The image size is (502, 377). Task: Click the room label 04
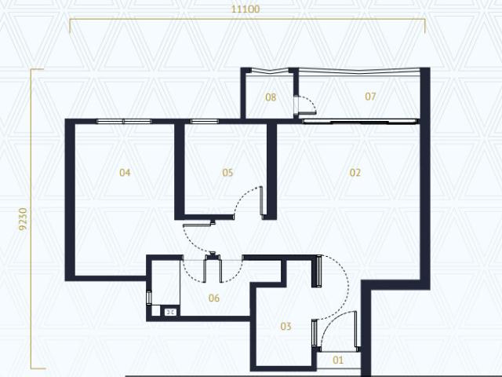click(x=125, y=173)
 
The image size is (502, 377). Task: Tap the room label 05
click(x=228, y=173)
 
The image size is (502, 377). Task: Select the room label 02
click(x=355, y=173)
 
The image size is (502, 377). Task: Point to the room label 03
click(x=286, y=326)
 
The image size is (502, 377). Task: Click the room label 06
click(x=213, y=298)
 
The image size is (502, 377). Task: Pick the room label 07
click(x=370, y=97)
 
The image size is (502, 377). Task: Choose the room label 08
click(x=271, y=97)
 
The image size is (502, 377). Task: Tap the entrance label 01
click(x=339, y=361)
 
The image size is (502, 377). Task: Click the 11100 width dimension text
click(x=246, y=9)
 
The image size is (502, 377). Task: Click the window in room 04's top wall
click(x=123, y=121)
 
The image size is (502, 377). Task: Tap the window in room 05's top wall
click(x=205, y=121)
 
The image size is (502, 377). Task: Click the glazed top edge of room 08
click(x=268, y=71)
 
